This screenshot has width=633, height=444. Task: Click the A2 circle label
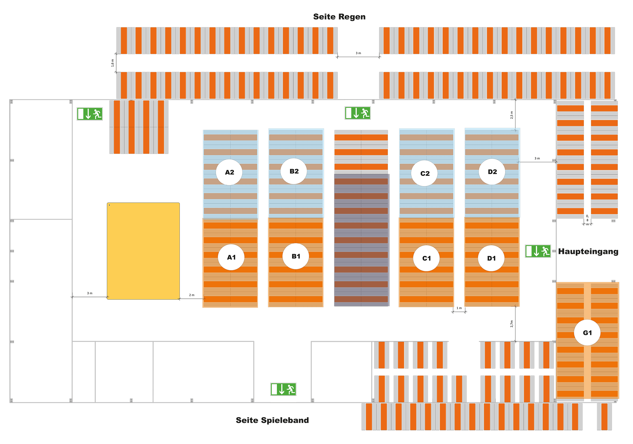(229, 172)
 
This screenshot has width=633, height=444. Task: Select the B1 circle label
(295, 256)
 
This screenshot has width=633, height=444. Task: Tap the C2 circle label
(425, 173)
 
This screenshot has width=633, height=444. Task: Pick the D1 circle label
(491, 258)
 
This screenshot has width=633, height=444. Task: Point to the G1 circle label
(587, 333)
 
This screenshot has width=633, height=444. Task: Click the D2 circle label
(492, 172)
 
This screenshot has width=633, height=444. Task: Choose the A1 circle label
(231, 257)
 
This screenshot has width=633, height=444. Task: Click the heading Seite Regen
(339, 17)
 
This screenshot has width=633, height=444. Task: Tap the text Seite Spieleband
(272, 420)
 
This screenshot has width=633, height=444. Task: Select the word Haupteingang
(588, 251)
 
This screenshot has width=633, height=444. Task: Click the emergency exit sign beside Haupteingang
(538, 251)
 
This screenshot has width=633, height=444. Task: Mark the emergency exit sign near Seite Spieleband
(283, 389)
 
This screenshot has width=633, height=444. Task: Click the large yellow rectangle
(143, 251)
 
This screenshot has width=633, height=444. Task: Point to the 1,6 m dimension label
(112, 63)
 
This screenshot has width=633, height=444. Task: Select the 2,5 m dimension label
(512, 115)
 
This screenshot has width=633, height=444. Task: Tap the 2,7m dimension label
(512, 324)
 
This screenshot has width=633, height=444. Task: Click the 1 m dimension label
(459, 308)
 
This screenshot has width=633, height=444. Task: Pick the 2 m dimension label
(192, 295)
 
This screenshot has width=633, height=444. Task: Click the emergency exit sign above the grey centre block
(357, 113)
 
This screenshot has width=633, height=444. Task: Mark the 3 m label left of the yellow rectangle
(90, 293)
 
